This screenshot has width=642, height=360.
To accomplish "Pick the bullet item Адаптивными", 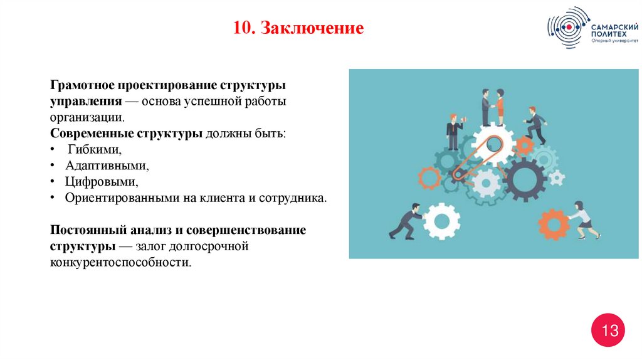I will pos(107,166).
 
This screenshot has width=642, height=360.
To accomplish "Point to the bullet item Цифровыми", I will pos(101,182).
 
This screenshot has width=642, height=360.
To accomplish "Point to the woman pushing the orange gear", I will pos(584,220).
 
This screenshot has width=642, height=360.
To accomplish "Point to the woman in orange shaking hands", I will pos(500,107).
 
